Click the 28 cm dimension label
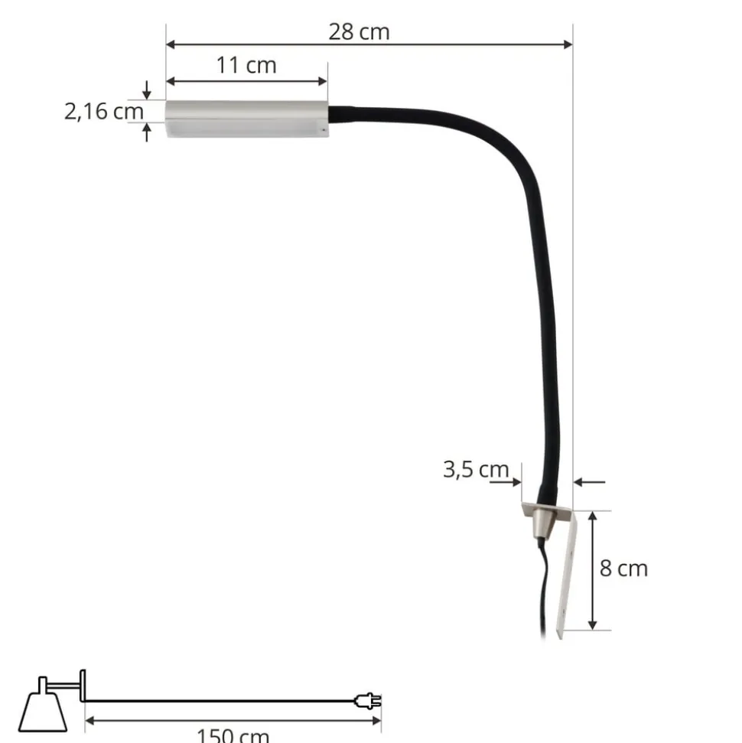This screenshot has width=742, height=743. click(360, 32)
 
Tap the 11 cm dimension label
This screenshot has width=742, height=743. click(246, 65)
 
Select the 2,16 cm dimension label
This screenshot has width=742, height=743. click(104, 112)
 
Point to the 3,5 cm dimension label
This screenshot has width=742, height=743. click(476, 470)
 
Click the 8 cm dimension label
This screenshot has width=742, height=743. click(623, 569)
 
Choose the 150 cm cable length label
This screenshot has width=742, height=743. click(233, 735)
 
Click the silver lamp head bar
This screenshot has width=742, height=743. click(247, 119)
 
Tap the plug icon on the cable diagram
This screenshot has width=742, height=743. click(368, 701)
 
